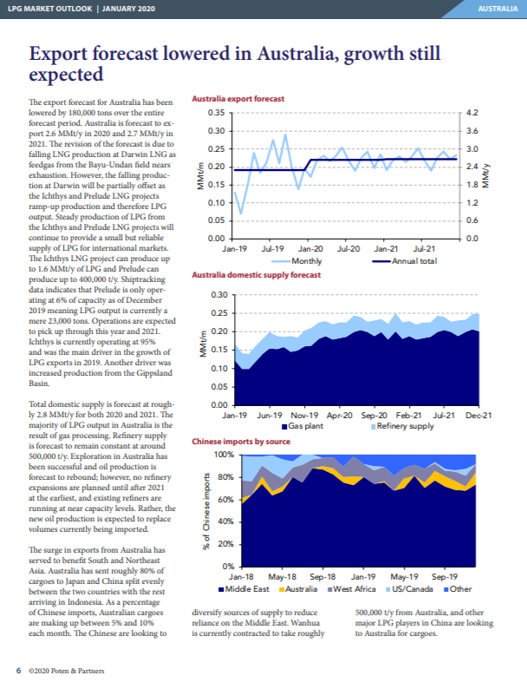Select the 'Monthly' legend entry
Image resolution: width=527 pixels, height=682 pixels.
[x=307, y=260]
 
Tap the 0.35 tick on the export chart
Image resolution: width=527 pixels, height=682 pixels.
[x=217, y=114]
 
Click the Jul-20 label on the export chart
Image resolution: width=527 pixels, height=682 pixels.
[x=348, y=248]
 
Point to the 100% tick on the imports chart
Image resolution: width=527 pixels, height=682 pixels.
[x=223, y=455]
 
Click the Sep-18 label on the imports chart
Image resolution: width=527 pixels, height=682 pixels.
[x=322, y=576]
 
